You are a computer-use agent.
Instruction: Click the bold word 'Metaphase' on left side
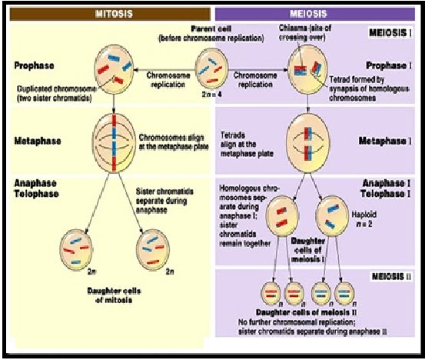(38, 142)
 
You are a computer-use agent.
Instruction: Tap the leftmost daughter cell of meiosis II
(271, 294)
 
